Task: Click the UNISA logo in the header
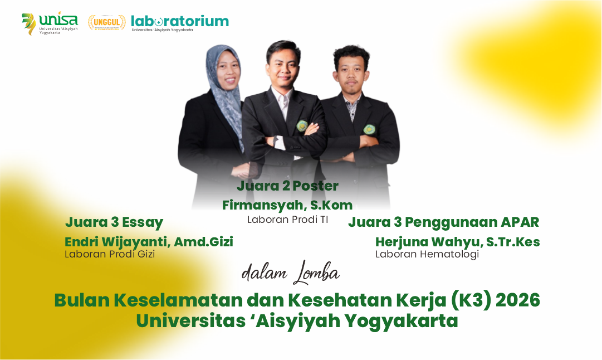(50, 23)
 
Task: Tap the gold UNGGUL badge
(106, 22)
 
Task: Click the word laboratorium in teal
(180, 21)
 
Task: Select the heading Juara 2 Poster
(287, 186)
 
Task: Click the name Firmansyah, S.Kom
(287, 205)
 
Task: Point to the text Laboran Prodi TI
(287, 220)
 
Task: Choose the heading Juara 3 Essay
(114, 222)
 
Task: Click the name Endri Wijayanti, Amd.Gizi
(149, 242)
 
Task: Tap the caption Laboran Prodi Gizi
(110, 254)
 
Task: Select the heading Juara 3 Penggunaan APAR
(444, 222)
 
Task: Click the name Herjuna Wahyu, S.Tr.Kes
(457, 242)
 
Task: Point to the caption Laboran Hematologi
(427, 254)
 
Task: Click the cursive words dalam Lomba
(290, 272)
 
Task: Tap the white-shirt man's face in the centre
(284, 65)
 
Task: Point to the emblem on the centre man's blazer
(302, 126)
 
